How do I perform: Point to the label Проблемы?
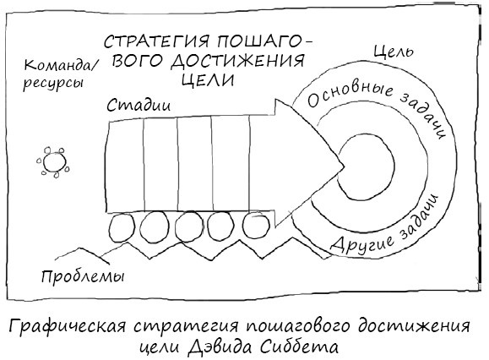tap(83, 277)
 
